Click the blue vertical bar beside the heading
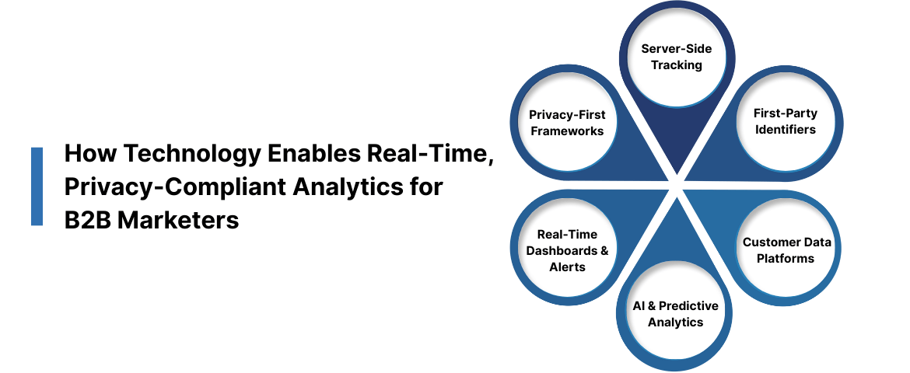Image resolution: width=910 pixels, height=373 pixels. [x=37, y=186]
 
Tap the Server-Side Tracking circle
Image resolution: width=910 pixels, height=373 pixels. [x=676, y=57]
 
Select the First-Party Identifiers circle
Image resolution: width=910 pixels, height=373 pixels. [x=786, y=121]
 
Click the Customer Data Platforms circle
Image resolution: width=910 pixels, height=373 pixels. [x=786, y=250]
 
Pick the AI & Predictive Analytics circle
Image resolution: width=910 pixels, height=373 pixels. [x=675, y=314]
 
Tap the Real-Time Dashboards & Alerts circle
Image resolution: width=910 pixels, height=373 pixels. [x=566, y=250]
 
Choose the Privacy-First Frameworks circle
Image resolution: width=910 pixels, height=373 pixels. [x=566, y=123]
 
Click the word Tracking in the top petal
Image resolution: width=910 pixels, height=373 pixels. [x=676, y=65]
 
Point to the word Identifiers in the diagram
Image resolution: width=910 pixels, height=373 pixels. [x=786, y=130]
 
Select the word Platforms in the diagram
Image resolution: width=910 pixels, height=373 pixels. [x=786, y=259]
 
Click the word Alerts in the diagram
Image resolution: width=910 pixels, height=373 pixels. [x=566, y=267]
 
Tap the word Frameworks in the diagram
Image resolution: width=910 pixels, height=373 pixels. [x=566, y=131]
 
